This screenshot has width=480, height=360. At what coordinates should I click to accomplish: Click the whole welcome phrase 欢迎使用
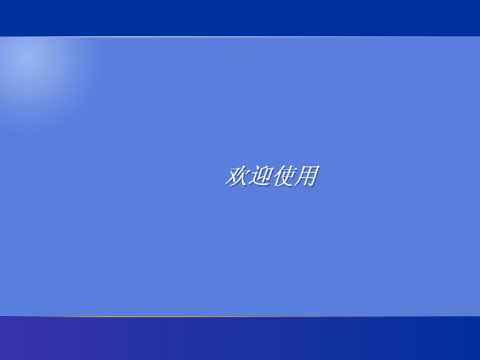[271, 176]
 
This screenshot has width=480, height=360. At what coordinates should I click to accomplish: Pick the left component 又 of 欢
[231, 176]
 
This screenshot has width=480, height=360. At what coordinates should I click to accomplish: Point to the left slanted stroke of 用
[299, 179]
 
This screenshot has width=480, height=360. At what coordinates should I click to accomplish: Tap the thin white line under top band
[240, 36]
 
